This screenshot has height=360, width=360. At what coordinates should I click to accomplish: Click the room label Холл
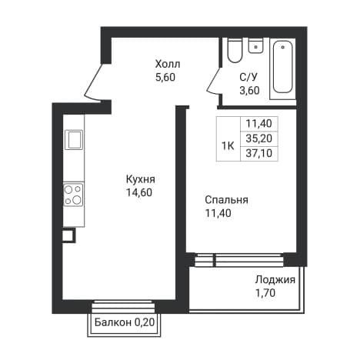pos(168,64)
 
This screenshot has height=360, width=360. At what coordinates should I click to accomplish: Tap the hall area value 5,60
pos(165,77)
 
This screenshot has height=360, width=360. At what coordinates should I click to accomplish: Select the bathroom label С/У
pos(248,77)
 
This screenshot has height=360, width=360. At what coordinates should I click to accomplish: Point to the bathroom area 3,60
pos(249,90)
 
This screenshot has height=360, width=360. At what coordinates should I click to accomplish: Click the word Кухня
pos(141,179)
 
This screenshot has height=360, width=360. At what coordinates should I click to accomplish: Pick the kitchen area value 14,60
pos(139,192)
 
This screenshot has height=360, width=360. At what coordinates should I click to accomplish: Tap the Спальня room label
pos(226,200)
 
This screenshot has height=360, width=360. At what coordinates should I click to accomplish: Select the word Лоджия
pos(275,280)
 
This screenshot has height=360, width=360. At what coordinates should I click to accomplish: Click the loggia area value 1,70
pos(265,293)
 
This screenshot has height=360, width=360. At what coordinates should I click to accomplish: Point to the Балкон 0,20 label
pos(125,322)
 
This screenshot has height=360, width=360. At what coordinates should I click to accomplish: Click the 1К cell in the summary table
pos(228,146)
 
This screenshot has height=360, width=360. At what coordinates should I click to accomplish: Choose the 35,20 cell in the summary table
pos(259,138)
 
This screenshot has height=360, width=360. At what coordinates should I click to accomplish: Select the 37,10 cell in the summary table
pos(259,154)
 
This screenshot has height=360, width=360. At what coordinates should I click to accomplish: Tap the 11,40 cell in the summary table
pos(259,124)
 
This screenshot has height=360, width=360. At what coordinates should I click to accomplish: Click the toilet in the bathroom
pos(235,51)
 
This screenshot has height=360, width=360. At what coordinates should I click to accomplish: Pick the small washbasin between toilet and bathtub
pos(256,45)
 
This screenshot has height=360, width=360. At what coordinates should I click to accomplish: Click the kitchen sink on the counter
pos(74,140)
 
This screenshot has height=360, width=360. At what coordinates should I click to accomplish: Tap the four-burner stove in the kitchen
pos(74,195)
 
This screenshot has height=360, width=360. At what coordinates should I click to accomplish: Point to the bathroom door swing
pos(214,81)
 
